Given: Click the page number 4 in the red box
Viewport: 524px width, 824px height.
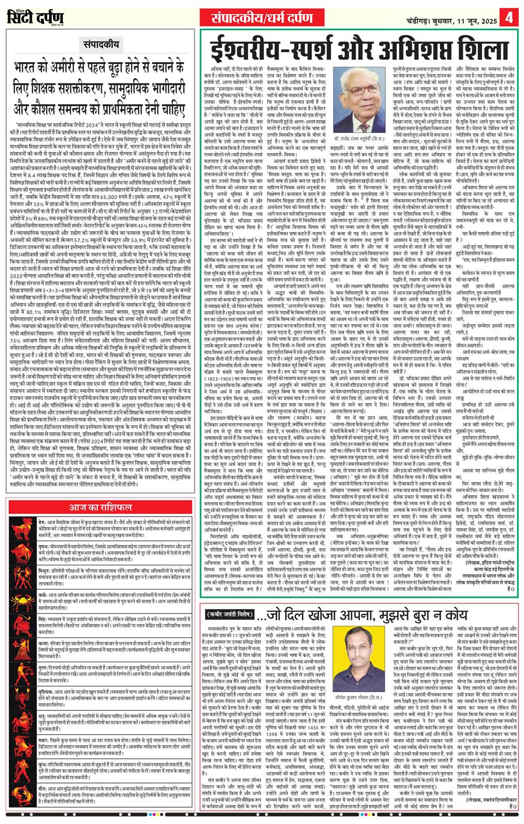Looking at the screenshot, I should (x=510, y=16).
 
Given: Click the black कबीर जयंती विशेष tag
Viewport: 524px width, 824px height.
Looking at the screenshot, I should (x=229, y=599).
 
